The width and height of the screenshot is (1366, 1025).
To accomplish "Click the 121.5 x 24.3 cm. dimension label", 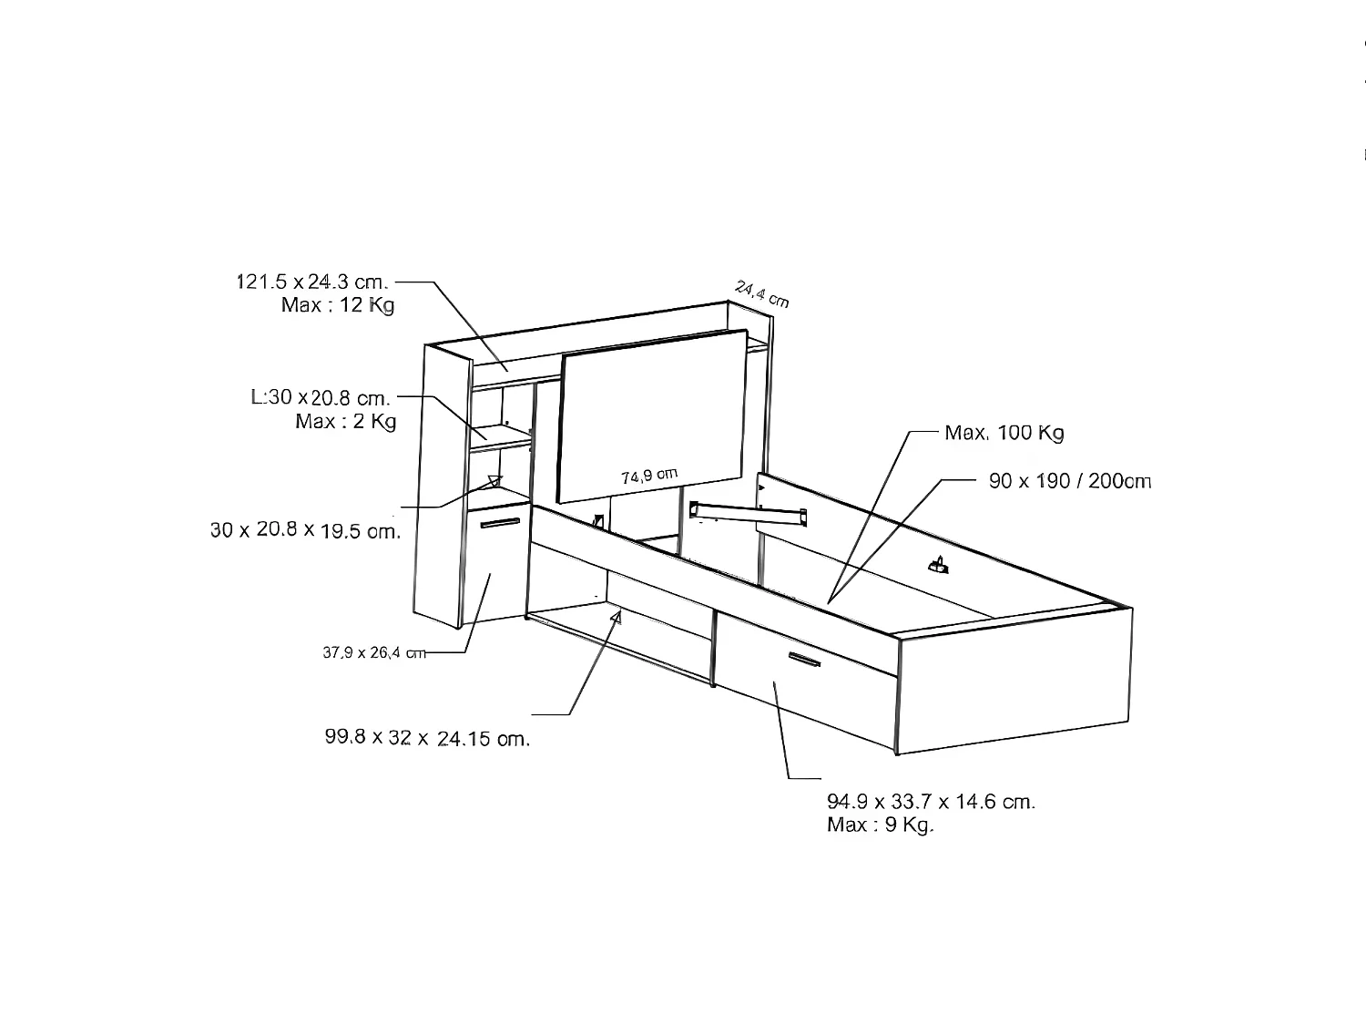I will click(x=312, y=282).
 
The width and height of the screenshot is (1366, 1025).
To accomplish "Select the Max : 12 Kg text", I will click(x=338, y=305).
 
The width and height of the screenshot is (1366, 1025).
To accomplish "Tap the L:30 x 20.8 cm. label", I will click(x=321, y=397).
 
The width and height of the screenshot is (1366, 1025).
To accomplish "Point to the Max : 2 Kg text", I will click(x=346, y=421).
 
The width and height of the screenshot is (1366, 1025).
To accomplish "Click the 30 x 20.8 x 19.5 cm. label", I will click(x=305, y=530).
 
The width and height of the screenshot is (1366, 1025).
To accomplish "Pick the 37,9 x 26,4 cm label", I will click(x=374, y=652).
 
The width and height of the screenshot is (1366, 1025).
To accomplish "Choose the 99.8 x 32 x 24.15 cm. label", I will click(x=427, y=738).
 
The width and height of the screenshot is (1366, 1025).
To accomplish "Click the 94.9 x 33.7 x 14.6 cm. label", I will click(x=931, y=802).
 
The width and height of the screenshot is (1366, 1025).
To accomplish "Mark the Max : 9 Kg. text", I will click(x=881, y=825).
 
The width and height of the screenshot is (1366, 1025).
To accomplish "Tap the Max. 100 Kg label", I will click(x=1004, y=433).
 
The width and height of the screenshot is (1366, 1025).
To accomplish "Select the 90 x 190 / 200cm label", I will click(x=1070, y=481).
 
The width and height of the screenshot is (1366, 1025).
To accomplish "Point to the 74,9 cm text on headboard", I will click(x=649, y=476).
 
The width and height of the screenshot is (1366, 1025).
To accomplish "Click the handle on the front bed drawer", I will click(x=805, y=660).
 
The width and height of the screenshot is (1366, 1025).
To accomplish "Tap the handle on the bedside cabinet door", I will click(x=500, y=523).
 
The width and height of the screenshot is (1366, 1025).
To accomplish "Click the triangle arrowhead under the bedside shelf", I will click(x=495, y=481).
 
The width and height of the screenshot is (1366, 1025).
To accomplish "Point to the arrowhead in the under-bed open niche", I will click(x=616, y=619).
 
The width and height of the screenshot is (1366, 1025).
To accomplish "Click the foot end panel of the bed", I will click(x=1014, y=681).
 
